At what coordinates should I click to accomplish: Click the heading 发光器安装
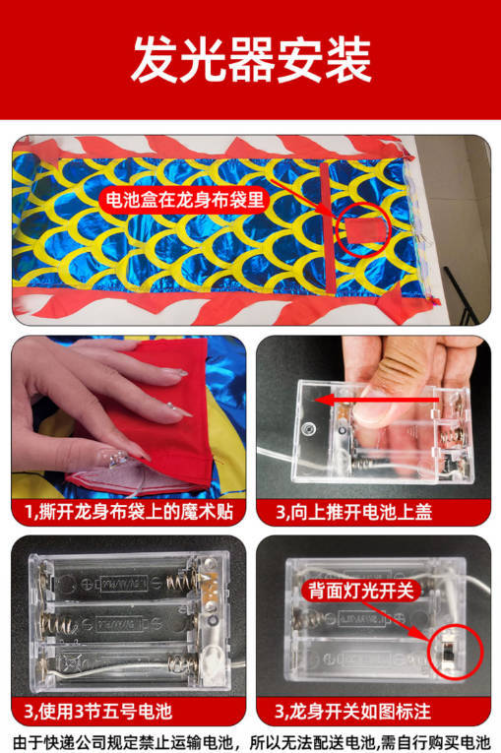coord(251,60)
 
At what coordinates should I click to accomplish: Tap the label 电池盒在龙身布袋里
coord(185,199)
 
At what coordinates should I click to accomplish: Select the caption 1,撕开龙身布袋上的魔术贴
coord(129,512)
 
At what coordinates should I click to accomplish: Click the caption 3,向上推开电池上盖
coord(353,512)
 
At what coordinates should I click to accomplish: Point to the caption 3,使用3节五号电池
coord(98,712)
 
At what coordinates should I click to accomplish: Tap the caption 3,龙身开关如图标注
coord(353,712)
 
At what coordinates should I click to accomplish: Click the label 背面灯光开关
coord(360,591)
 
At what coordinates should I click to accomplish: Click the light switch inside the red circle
coord(449,652)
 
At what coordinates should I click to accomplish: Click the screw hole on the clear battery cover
coord(308,427)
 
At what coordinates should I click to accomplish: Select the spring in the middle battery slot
coord(59,624)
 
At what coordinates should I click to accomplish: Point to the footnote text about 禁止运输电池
coord(251,742)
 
